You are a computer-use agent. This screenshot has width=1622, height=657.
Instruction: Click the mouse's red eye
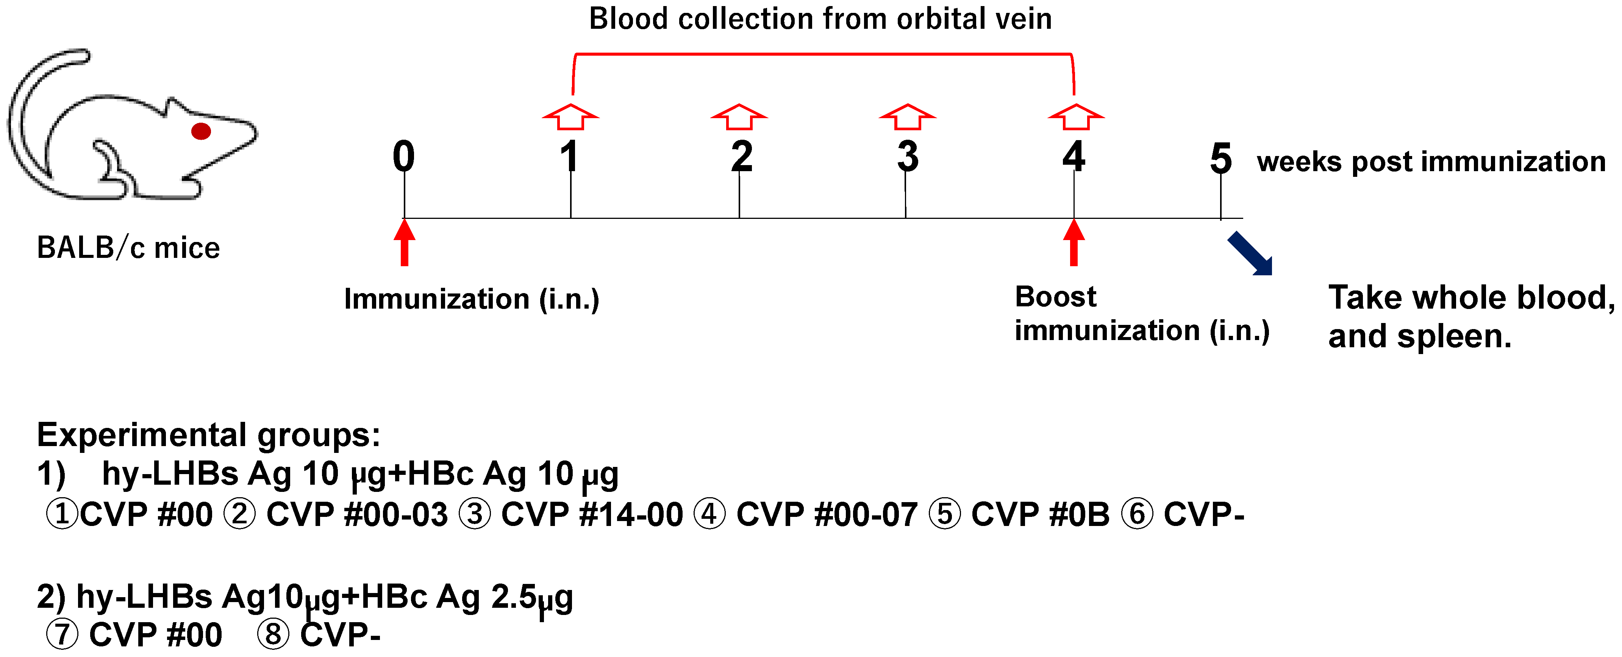click(201, 131)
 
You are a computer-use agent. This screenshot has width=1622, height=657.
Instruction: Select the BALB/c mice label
click(128, 247)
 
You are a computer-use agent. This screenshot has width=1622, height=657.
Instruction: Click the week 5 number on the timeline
click(1220, 159)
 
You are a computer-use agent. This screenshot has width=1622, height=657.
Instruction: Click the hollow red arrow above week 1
click(570, 117)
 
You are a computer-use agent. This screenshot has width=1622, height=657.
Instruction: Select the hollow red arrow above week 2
click(739, 117)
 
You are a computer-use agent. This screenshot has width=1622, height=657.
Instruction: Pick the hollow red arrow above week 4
click(1075, 117)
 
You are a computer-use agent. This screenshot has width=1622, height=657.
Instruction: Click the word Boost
click(1055, 297)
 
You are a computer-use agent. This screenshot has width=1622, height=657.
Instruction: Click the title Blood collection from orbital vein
click(820, 19)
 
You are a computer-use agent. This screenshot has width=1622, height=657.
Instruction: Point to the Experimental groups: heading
click(208, 435)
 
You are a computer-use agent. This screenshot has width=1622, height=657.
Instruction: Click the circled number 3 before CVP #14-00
click(475, 514)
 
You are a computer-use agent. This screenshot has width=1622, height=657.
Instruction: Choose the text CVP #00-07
click(826, 514)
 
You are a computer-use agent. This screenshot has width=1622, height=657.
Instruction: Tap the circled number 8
click(273, 634)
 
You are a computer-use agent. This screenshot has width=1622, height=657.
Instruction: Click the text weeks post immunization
click(1431, 162)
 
